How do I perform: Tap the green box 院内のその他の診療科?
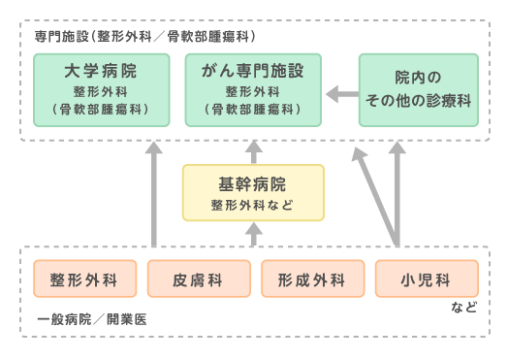[x=418, y=89]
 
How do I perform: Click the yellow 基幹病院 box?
[x=253, y=192]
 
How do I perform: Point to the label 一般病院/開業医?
[x=91, y=318]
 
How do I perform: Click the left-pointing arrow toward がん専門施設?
[x=340, y=94]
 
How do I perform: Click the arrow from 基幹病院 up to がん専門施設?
[x=253, y=150]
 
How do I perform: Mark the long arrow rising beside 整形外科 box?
[x=154, y=194]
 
